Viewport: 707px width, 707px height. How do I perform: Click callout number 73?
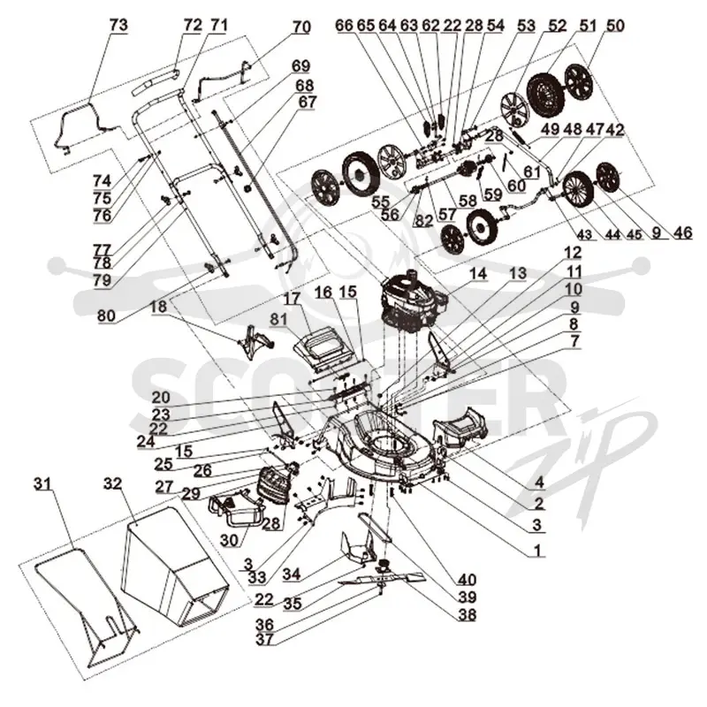[118, 26]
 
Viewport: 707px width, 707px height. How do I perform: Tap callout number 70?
[301, 27]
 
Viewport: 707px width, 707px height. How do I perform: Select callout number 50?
[615, 26]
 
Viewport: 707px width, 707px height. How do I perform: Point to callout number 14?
[478, 274]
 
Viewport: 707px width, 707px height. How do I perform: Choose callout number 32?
[113, 483]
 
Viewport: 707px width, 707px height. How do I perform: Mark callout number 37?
[264, 639]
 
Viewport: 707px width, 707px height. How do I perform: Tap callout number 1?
[536, 550]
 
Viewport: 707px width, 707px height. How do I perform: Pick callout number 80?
[106, 315]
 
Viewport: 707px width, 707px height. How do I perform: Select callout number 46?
[682, 232]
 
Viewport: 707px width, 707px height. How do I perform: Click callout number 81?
[278, 319]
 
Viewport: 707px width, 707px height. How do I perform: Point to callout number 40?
[467, 579]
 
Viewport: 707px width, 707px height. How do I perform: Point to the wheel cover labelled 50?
[580, 82]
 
